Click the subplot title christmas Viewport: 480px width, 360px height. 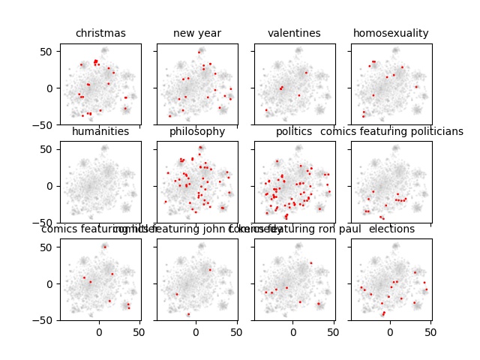click(100, 33)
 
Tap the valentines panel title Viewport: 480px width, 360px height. click(294, 33)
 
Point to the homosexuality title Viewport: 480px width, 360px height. click(391, 33)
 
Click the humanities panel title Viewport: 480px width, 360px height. click(100, 131)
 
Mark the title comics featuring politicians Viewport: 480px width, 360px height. click(391, 131)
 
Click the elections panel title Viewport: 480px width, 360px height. click(391, 229)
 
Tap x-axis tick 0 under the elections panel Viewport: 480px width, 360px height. click(390, 331)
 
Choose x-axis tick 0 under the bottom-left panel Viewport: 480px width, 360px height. click(99, 331)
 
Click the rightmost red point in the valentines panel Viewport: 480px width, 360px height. click(306, 73)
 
